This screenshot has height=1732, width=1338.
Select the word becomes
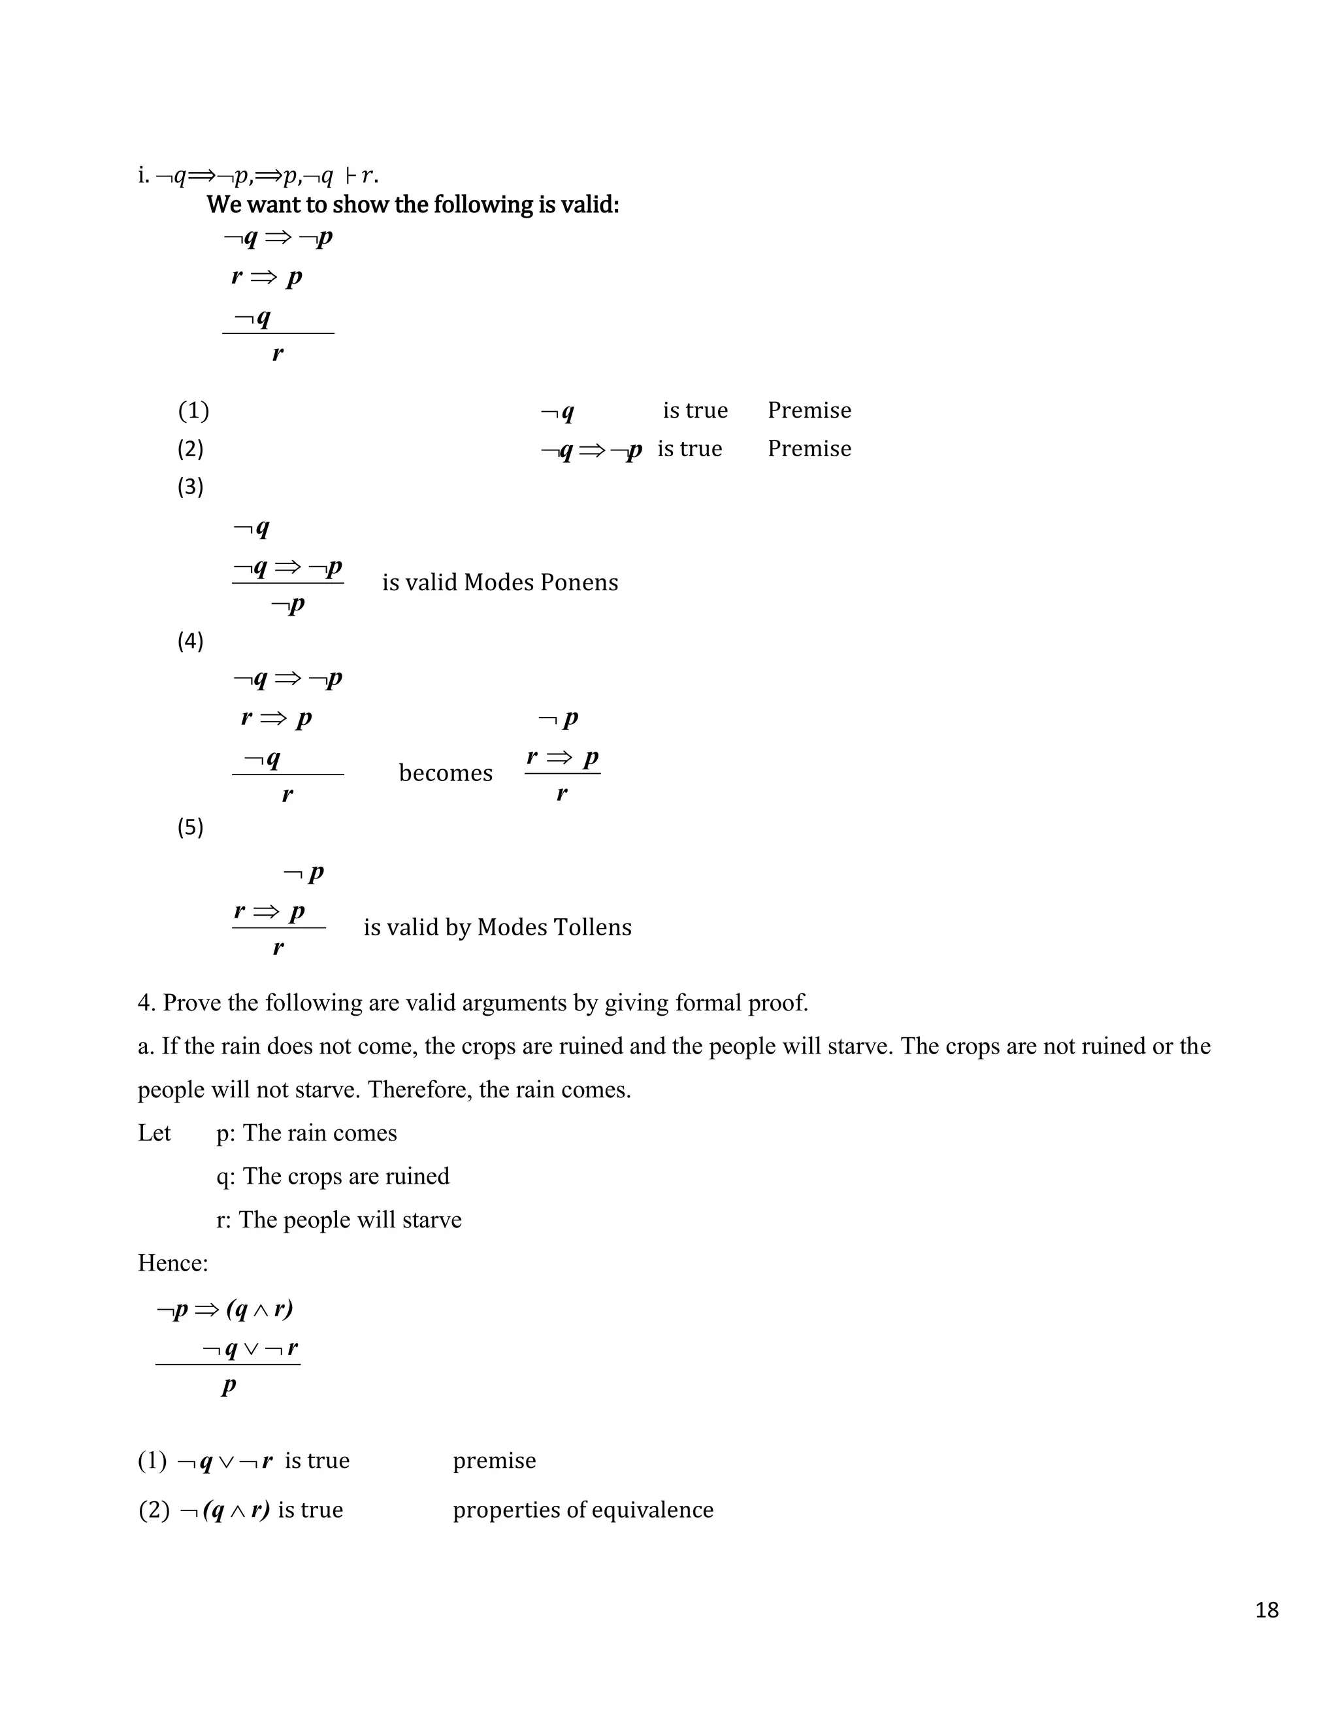tap(446, 773)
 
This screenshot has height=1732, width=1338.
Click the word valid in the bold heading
tap(589, 205)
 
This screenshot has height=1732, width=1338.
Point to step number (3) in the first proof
tap(190, 486)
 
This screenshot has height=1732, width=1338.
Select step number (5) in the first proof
tap(190, 828)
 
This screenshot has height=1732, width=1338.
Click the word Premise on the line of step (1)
tap(809, 411)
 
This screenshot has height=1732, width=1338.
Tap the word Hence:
tap(172, 1263)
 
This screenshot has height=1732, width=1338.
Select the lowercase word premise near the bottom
tap(495, 1461)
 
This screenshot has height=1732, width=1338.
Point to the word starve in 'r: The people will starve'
tap(432, 1220)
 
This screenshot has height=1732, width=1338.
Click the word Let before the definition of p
tap(155, 1133)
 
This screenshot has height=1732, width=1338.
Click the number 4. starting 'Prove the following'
tap(146, 1003)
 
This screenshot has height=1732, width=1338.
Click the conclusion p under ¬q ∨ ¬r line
tap(228, 1386)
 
